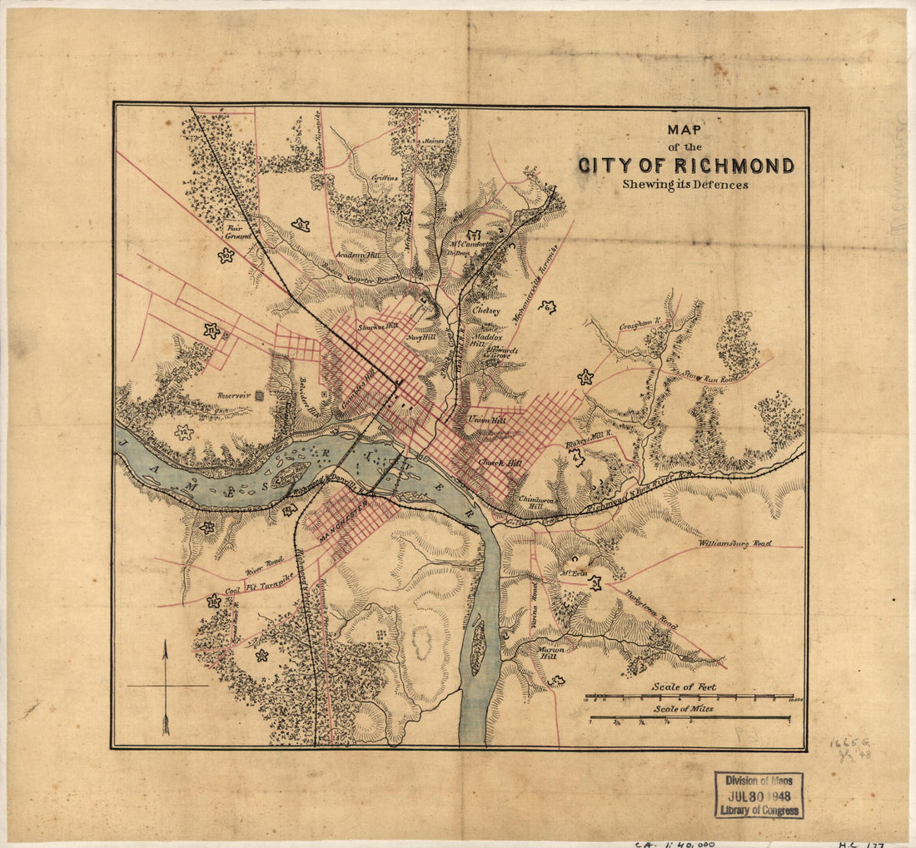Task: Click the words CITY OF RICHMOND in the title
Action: (x=685, y=166)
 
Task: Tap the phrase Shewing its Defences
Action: (x=685, y=185)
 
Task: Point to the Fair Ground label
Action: (x=238, y=229)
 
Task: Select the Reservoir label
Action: (x=233, y=395)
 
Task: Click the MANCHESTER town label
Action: (x=343, y=521)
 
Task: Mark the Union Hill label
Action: (x=487, y=420)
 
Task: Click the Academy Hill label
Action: (x=357, y=255)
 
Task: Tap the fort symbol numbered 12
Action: (x=184, y=432)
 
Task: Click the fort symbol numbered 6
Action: (x=586, y=377)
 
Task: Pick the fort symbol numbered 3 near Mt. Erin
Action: (x=595, y=583)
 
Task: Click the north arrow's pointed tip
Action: (x=165, y=642)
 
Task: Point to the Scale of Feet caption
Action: (x=684, y=687)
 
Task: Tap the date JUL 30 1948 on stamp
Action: (x=758, y=795)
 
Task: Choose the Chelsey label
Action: (x=486, y=310)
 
